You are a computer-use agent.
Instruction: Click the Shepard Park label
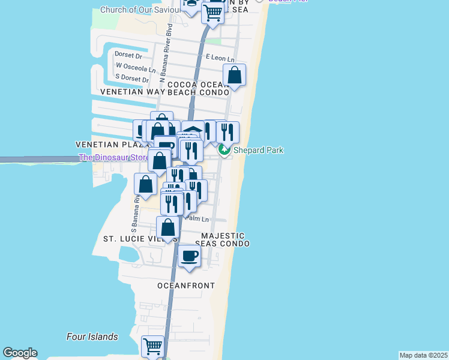coord(259,150)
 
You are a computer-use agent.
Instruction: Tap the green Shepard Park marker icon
coord(224,150)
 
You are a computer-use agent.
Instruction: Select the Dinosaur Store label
coord(114,158)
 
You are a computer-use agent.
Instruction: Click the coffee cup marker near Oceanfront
coord(190,256)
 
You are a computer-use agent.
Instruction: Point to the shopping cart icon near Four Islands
coord(152,346)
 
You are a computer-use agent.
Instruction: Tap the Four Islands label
coord(92,337)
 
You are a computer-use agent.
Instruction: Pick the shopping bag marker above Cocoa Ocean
coord(234,76)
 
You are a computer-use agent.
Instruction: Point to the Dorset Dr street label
coord(128,55)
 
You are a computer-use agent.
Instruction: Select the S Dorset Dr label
coord(131,79)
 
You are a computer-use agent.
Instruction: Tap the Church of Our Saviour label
coord(140,10)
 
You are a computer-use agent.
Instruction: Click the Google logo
coord(20,353)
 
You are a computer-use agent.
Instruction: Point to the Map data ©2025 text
coord(423,355)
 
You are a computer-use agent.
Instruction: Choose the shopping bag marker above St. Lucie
coord(168,228)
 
